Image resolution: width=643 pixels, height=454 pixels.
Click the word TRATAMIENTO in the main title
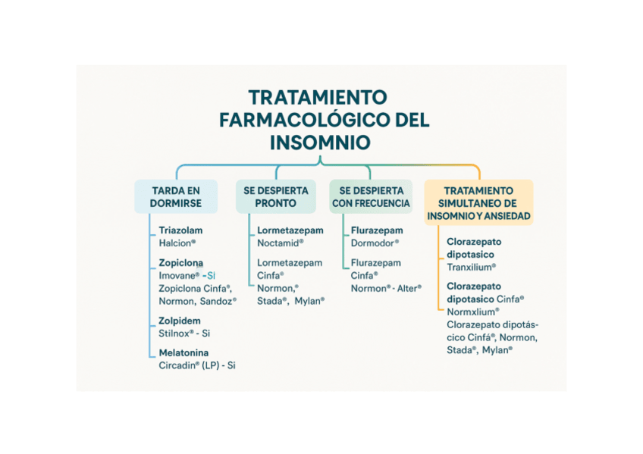pos(318,98)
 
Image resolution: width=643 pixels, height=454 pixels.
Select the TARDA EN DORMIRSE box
pos(176,197)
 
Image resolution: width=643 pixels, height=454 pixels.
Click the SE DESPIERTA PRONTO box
pos(276,197)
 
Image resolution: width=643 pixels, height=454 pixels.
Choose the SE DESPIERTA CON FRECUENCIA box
pos(371,197)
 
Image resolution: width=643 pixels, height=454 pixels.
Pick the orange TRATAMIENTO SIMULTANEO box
pos(478,203)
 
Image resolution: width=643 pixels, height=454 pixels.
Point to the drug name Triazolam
pos(180,230)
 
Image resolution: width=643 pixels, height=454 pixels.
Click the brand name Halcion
pos(175,243)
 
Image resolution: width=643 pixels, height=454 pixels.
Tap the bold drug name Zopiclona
pos(180,263)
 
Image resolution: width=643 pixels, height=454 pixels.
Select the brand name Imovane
pos(177,275)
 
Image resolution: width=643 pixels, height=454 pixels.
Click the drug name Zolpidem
pos(180,321)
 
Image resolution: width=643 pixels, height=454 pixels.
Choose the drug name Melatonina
pos(183,353)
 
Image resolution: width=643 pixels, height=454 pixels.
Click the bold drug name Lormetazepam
pos(290,230)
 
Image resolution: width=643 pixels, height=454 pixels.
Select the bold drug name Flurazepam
pos(376,230)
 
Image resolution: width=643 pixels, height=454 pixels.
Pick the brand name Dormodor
pos(372,243)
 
